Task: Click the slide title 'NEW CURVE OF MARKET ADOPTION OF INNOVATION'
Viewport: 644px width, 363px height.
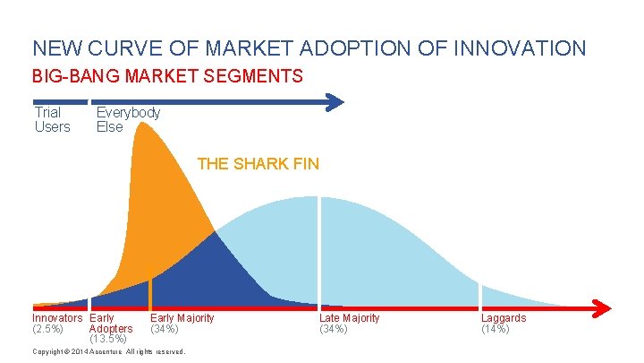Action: pos(309,48)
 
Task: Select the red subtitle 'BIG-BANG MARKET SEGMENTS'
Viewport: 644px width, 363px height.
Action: pos(167,77)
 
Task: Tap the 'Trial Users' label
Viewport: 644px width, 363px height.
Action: pos(51,119)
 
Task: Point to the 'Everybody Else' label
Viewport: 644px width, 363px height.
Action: pos(128,119)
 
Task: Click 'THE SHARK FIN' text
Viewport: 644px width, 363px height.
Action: pos(258,164)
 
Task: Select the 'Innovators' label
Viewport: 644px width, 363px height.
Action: pos(57,318)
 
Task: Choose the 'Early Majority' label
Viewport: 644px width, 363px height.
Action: pos(182,318)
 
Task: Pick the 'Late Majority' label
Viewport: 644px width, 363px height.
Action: pos(349,318)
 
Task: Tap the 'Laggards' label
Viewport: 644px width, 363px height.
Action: pos(503,318)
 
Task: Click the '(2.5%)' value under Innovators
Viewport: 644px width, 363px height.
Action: pos(47,329)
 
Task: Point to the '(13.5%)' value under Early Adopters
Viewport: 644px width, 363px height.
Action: pos(107,339)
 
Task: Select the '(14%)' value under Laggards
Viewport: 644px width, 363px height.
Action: pos(495,329)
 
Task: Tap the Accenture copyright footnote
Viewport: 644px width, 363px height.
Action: pos(108,351)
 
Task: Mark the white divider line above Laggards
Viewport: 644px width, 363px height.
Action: pos(480,295)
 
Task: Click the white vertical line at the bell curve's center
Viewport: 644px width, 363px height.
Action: pos(318,251)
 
